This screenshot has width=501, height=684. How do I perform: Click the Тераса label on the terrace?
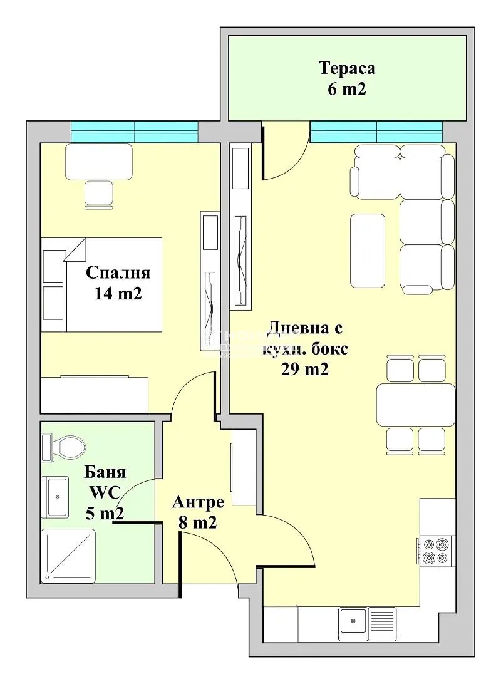point(347,68)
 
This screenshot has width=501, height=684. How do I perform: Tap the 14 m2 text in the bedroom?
point(118,293)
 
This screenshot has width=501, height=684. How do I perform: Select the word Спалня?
point(118,273)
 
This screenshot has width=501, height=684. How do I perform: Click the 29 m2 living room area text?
point(305,370)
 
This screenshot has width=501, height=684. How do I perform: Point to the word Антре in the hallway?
point(198,502)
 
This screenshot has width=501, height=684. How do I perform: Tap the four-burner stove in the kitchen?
point(436,551)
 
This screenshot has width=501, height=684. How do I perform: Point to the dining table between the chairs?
point(415,405)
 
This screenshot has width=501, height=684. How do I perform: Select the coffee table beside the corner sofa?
point(368,249)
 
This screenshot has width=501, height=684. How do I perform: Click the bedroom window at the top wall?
point(134,132)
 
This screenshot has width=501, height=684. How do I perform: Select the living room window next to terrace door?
point(376,132)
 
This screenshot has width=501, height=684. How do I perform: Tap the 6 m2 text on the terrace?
point(346,89)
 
